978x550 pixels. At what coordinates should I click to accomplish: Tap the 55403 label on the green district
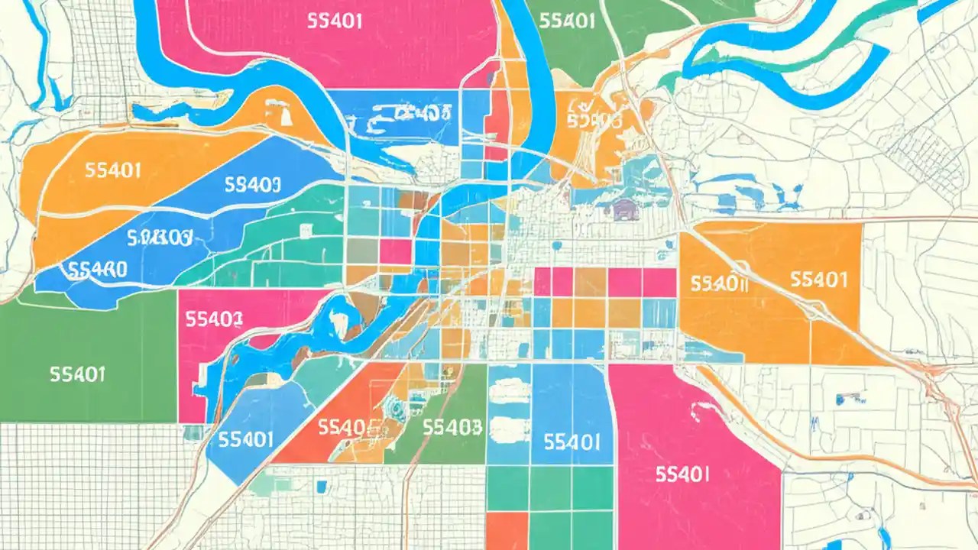(x=452, y=426)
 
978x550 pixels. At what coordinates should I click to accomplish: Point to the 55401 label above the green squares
(x=571, y=441)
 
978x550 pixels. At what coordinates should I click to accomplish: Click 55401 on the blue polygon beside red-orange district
(x=246, y=439)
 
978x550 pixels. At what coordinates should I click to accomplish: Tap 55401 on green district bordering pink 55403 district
(x=77, y=374)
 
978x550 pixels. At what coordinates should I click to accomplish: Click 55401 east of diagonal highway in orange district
(x=818, y=280)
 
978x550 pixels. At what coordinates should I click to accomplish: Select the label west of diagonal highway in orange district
(x=717, y=284)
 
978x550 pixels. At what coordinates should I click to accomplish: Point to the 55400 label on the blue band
(x=97, y=269)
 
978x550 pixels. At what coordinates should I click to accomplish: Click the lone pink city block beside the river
(x=395, y=251)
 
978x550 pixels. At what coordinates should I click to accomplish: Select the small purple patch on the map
(x=625, y=208)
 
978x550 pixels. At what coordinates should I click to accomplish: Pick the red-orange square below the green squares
(x=506, y=530)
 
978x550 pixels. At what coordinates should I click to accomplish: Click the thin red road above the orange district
(x=764, y=219)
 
